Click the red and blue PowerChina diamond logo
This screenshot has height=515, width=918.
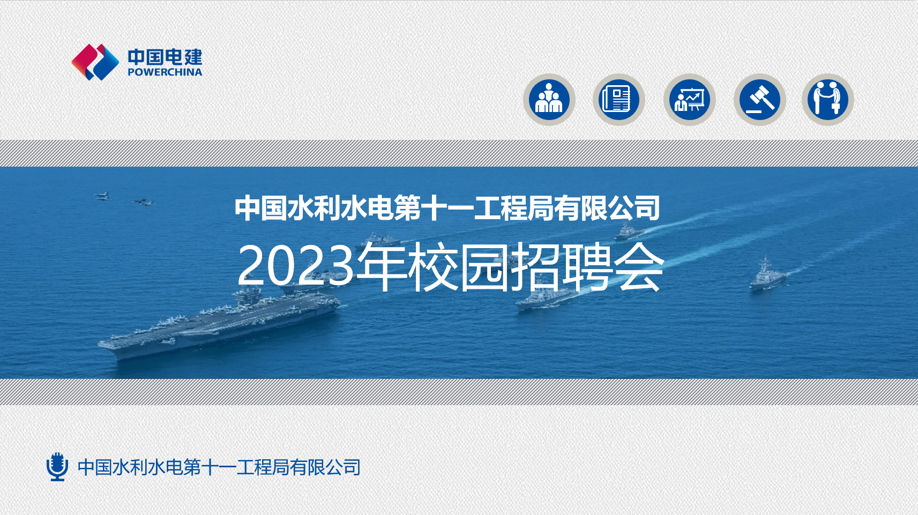(x=95, y=62)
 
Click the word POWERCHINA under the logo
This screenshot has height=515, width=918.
(x=165, y=72)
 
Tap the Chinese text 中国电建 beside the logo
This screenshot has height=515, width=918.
(x=165, y=57)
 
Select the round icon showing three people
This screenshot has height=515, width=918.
(x=549, y=100)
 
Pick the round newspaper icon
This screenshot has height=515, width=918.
(x=619, y=100)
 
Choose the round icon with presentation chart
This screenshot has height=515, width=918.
(x=689, y=100)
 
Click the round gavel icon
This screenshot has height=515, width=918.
(x=759, y=100)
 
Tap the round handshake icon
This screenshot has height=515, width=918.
(x=828, y=100)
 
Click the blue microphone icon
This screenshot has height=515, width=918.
(x=57, y=467)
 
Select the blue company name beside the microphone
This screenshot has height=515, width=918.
(x=219, y=467)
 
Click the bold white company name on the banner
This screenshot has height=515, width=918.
(x=447, y=208)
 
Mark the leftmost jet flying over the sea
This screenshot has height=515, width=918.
(x=102, y=196)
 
